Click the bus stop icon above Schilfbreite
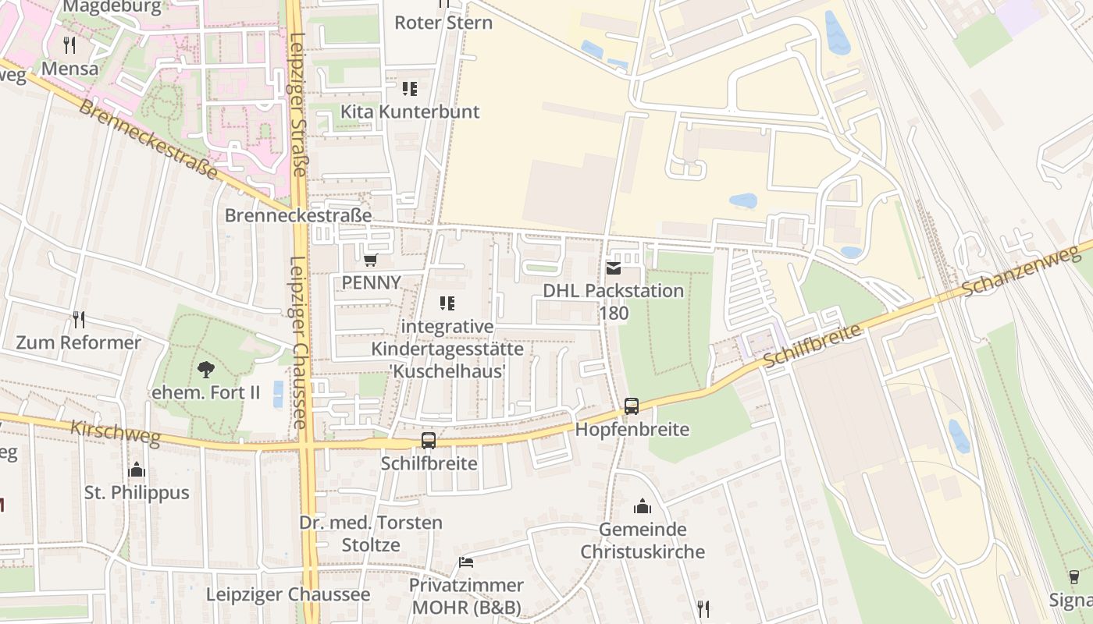[x=429, y=441]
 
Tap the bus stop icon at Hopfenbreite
[x=631, y=406]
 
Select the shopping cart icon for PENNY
[x=370, y=260]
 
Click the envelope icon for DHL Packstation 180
[x=614, y=268]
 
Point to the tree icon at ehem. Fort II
[x=205, y=369]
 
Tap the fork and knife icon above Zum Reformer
[x=79, y=319]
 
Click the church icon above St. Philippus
[x=137, y=470]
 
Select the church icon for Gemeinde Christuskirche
[x=643, y=506]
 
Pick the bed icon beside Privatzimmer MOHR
[x=466, y=562]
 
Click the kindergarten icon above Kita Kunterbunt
[x=410, y=89]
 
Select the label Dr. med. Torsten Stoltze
[x=371, y=534]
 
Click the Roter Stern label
[x=443, y=23]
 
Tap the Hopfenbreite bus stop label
[x=632, y=430]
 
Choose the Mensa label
[x=70, y=69]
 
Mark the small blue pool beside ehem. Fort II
[x=279, y=394]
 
